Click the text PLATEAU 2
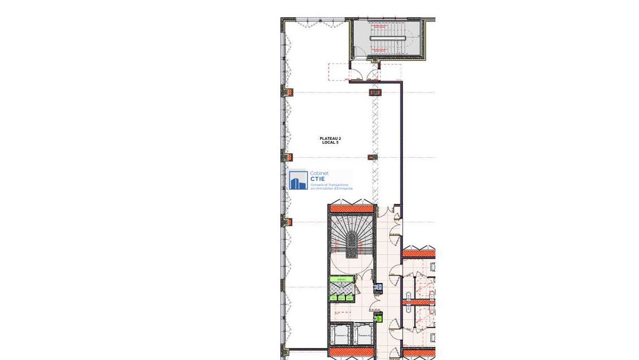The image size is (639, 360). pos(330,139)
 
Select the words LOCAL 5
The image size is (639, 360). pos(330,143)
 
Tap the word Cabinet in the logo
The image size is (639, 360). pos(319,174)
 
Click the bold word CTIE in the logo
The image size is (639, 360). pos(317,179)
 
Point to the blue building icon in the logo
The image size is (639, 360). pos(298,181)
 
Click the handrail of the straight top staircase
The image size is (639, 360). pos(388,38)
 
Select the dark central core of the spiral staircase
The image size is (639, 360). pos(351,245)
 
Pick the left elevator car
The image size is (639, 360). pos(341,336)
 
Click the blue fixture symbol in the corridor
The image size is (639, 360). pos(379,288)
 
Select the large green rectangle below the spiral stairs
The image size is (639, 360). pos(342,279)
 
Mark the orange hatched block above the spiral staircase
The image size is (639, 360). pos(352,209)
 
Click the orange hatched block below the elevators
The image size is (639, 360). pos(352,353)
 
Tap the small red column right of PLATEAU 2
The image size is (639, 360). pos(372,157)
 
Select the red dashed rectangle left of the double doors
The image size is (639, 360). pos(338,72)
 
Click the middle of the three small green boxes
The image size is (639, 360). pos(342,298)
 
